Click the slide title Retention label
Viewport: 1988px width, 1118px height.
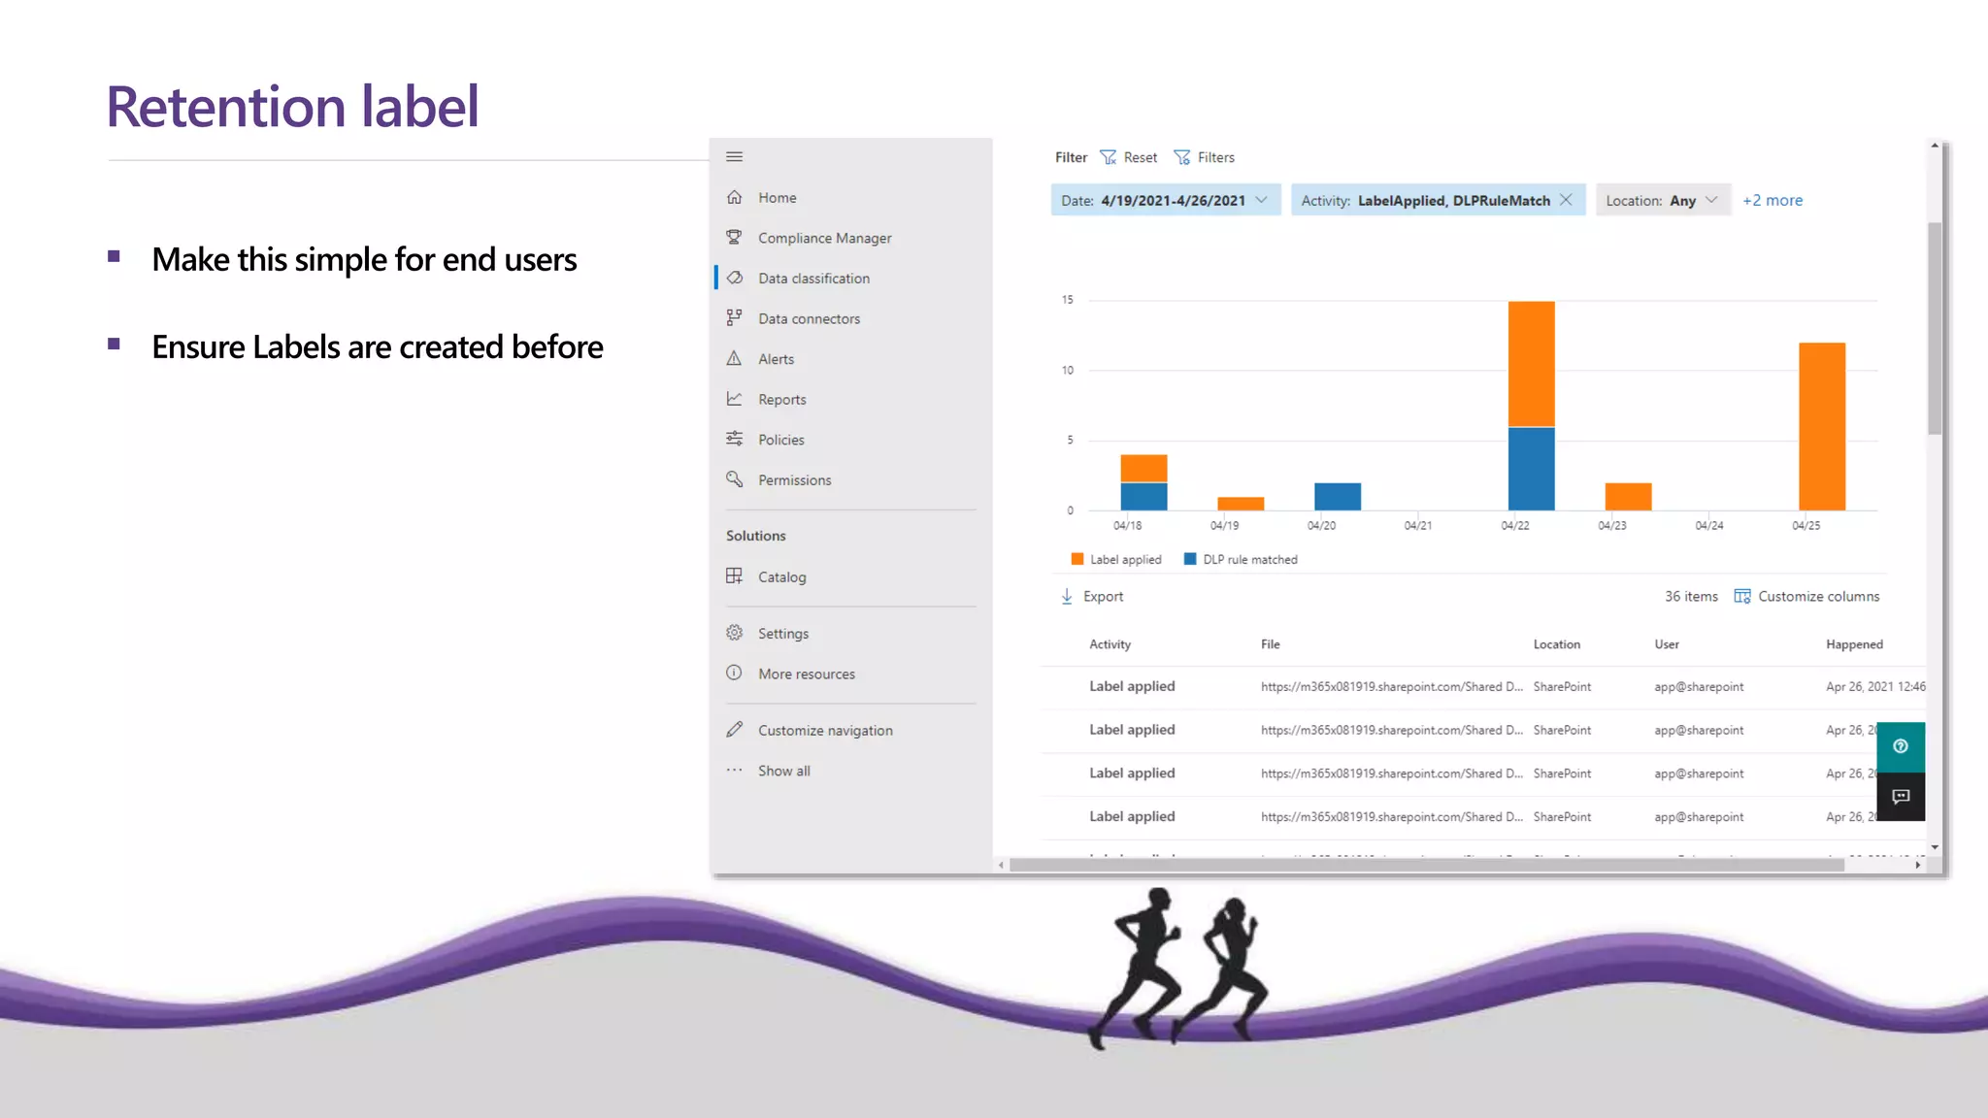click(x=292, y=106)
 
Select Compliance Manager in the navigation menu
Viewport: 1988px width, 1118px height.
click(x=823, y=238)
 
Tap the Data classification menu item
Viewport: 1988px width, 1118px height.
click(x=812, y=279)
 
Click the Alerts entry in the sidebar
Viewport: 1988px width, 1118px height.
click(x=775, y=359)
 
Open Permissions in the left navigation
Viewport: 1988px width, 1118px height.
click(x=793, y=480)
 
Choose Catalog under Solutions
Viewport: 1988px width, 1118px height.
click(x=780, y=577)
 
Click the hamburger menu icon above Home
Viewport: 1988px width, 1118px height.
click(x=735, y=157)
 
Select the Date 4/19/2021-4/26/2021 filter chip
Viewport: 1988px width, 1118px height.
click(x=1165, y=201)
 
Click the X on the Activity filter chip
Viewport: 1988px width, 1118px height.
click(x=1566, y=200)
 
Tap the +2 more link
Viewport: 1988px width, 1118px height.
click(x=1772, y=201)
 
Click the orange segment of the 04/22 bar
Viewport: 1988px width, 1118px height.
click(x=1531, y=364)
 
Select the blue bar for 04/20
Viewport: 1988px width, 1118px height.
click(x=1337, y=496)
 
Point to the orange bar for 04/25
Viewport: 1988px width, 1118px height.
click(x=1821, y=426)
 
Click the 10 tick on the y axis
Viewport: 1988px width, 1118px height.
click(x=1068, y=371)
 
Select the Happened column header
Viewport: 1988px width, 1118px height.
click(x=1853, y=644)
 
